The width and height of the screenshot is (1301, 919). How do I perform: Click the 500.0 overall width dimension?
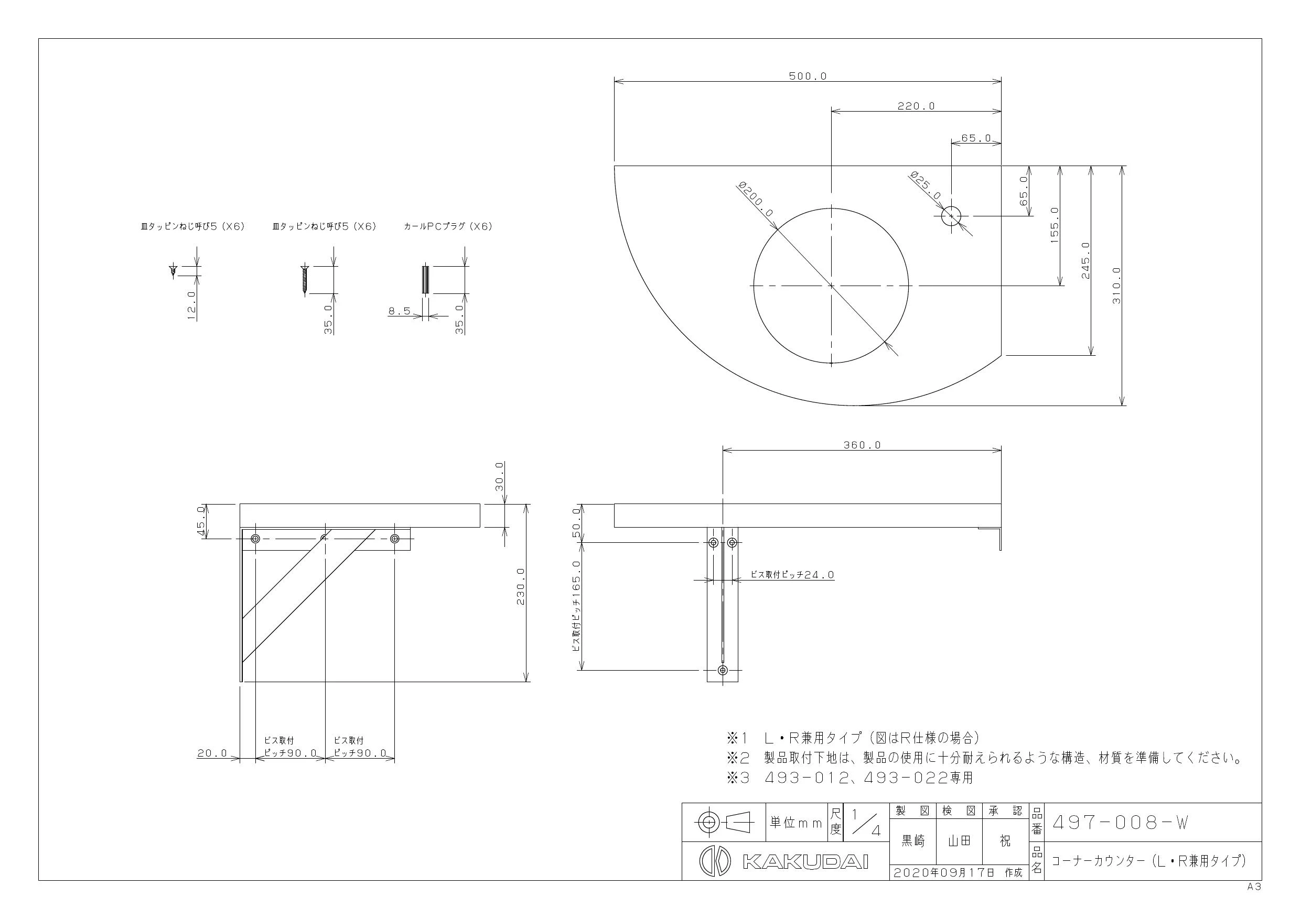[808, 76]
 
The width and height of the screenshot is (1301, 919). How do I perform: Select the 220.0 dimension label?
[916, 106]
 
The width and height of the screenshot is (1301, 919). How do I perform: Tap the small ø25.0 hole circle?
[951, 216]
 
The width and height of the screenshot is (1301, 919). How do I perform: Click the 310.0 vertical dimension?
[1116, 286]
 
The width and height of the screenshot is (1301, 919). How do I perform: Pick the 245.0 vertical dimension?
[1085, 260]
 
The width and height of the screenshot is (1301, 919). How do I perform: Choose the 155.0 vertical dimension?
[1055, 225]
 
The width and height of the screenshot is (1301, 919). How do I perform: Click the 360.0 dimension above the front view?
[862, 445]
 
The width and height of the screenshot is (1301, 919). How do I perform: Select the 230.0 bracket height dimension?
[521, 587]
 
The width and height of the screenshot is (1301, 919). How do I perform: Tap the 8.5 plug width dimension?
[400, 311]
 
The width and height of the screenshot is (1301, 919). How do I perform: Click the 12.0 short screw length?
[191, 307]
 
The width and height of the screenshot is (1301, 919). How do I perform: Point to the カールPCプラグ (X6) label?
[448, 226]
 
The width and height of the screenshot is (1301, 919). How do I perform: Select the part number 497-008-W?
[1120, 823]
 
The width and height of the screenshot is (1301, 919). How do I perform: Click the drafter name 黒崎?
[913, 841]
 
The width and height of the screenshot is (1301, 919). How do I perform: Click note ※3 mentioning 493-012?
[850, 778]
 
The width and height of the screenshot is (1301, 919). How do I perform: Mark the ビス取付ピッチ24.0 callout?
[792, 575]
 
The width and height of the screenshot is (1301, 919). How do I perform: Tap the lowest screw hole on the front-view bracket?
[723, 671]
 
